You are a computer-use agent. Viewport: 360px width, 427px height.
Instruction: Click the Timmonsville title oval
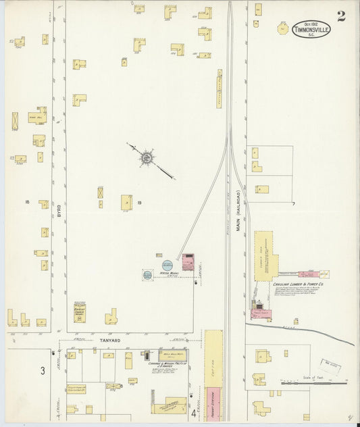coord(311,30)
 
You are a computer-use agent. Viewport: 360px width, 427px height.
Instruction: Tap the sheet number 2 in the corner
coord(341,16)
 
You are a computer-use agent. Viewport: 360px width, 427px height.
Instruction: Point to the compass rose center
coord(147,158)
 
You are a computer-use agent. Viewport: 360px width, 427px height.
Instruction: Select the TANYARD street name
coord(110,340)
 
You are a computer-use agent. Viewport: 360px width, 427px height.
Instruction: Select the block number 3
coord(42,370)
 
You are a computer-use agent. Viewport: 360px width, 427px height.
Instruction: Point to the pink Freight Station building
coord(213,403)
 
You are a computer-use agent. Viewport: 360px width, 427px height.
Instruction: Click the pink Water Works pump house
coord(188,261)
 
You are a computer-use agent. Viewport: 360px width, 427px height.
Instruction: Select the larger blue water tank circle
coord(167,264)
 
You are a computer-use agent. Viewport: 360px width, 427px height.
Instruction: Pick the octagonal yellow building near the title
coord(282,29)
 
